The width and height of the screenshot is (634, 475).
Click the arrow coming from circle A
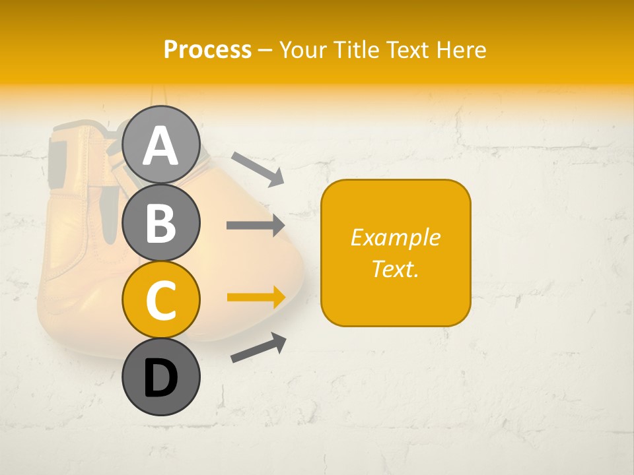258,168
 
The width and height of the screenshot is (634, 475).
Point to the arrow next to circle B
256,225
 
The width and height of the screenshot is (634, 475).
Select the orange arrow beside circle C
256,297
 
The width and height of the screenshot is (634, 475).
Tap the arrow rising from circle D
259,348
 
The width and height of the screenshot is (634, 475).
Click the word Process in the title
207,49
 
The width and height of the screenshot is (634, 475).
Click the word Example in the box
395,237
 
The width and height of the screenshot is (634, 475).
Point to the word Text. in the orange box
395,269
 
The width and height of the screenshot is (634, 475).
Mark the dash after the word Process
265,50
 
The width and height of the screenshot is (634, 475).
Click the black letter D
160,378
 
